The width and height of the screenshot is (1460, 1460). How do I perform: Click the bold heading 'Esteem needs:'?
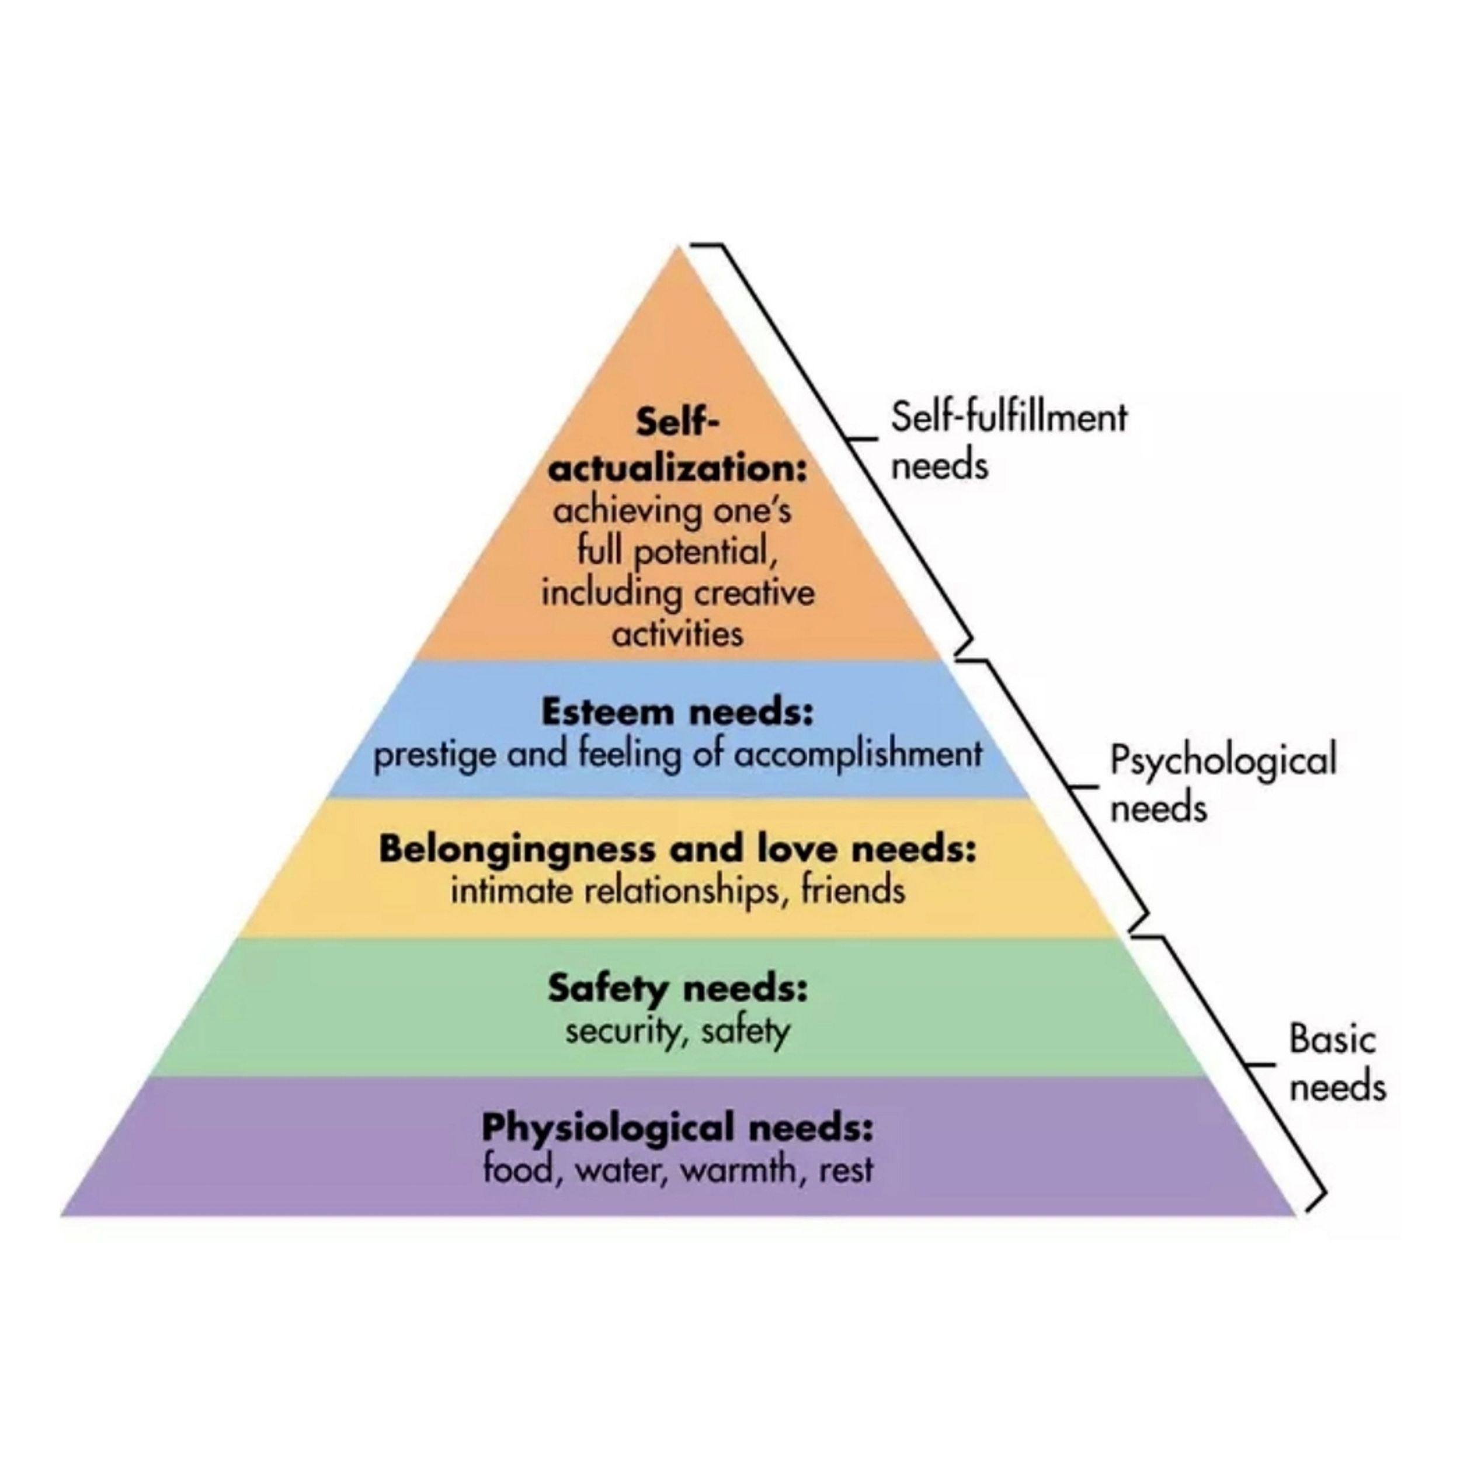[x=678, y=712]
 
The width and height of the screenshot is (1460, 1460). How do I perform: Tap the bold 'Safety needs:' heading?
[x=678, y=989]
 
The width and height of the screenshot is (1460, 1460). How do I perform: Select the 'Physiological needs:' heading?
[x=678, y=1128]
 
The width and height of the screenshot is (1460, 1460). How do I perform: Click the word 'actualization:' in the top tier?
[x=678, y=468]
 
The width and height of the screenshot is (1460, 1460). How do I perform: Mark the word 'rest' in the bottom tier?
[x=846, y=1169]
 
